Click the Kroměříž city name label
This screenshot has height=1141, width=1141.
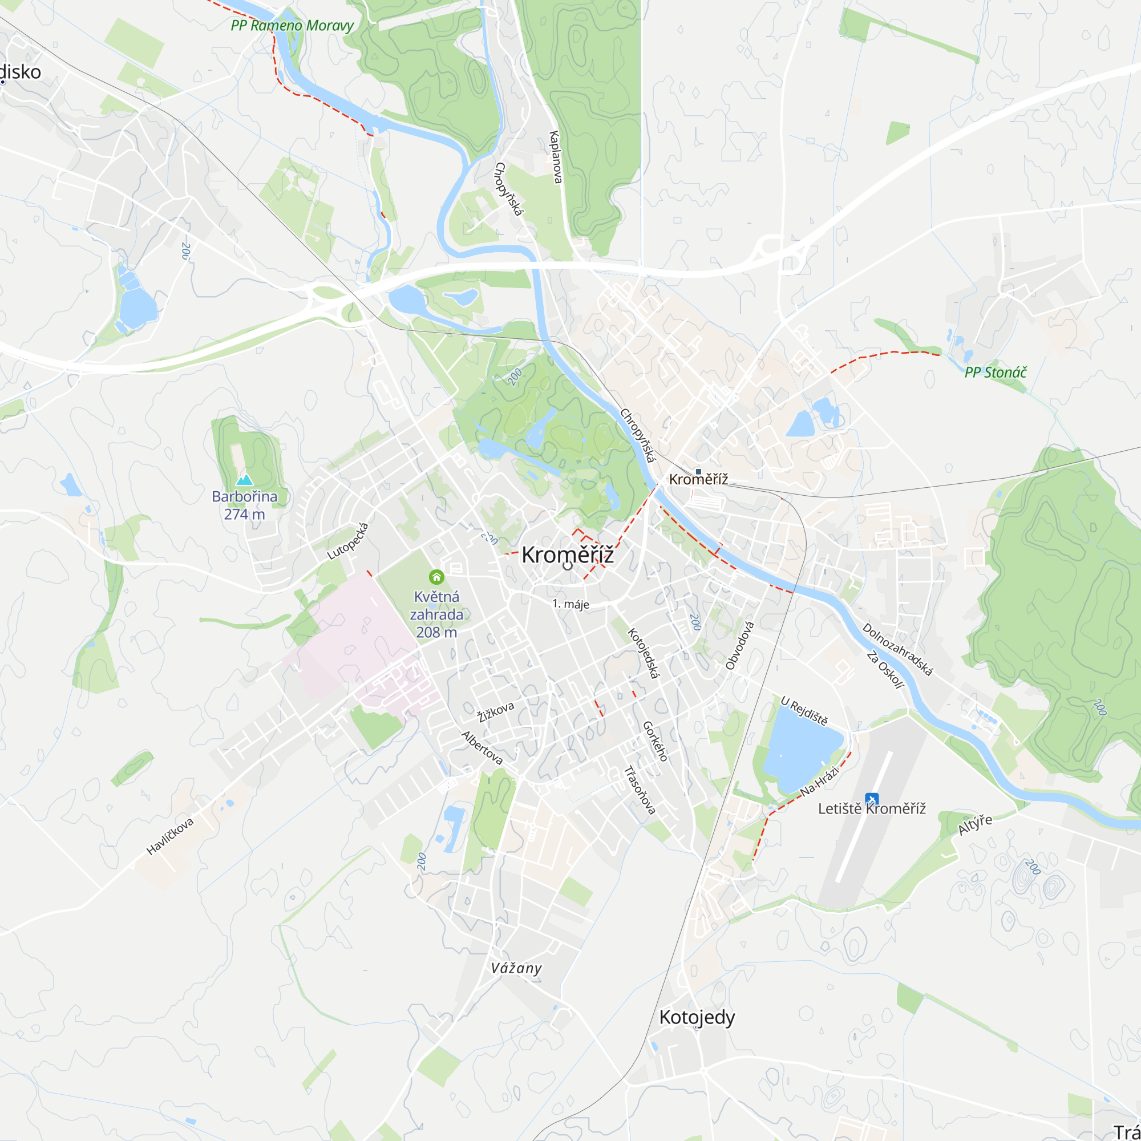[x=567, y=555]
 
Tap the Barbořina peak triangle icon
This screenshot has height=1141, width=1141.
[x=245, y=480]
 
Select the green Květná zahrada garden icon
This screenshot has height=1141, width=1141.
[x=436, y=576]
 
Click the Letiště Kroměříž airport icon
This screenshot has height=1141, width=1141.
[x=872, y=800]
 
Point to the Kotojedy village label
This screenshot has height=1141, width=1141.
[x=697, y=1018]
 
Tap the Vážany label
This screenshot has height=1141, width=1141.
[x=516, y=968]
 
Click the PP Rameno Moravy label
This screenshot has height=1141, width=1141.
[x=292, y=26]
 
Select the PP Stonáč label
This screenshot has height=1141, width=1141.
[x=995, y=372]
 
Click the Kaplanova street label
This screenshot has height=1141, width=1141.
[x=555, y=156]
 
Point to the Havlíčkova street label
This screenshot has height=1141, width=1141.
[x=170, y=836]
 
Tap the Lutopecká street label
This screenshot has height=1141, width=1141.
[x=348, y=541]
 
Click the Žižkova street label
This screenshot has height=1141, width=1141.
[x=496, y=711]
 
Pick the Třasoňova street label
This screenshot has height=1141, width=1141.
[x=640, y=790]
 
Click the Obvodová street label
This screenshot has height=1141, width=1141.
[x=739, y=645]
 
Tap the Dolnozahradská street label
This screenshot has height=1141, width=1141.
[x=897, y=649]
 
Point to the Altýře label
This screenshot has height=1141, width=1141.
[x=974, y=824]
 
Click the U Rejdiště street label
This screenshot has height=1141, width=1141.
[x=804, y=710]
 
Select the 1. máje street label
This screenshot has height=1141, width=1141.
[x=570, y=604]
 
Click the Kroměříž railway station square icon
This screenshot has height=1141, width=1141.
[x=698, y=471]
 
